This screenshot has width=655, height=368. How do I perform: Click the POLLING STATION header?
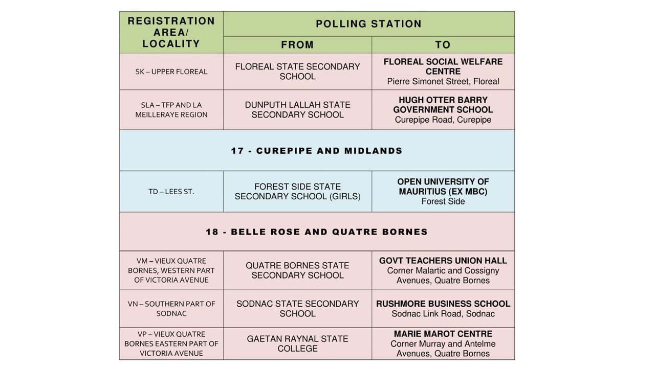point(368,24)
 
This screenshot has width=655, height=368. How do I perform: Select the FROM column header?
point(297,45)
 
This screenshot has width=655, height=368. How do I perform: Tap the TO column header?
point(443,45)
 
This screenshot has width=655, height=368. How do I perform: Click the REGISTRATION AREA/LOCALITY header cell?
point(171,32)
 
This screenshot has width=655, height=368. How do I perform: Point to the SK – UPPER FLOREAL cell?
point(171,72)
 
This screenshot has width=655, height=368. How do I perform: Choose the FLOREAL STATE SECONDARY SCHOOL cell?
point(297,72)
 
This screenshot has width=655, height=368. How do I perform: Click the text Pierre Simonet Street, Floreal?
point(443,81)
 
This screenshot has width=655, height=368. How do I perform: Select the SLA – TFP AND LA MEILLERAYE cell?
point(171,110)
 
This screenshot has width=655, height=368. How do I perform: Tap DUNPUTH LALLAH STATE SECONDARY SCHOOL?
point(297,110)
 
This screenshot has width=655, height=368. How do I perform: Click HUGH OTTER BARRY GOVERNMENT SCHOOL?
point(443,105)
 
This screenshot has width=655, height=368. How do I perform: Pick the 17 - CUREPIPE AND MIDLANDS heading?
point(317,151)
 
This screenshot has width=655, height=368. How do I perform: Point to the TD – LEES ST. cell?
point(171,192)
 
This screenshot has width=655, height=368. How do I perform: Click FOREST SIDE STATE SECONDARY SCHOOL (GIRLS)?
point(297,192)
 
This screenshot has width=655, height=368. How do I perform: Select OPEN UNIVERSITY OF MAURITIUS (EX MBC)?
point(443,187)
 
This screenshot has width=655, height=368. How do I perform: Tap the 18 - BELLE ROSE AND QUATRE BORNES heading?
point(317,232)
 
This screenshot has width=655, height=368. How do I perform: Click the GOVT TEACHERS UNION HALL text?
point(443,261)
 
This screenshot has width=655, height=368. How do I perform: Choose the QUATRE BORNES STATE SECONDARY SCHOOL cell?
point(297,270)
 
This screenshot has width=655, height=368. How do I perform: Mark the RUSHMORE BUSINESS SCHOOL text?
point(443,304)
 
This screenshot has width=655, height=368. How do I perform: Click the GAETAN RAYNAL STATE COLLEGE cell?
point(297,343)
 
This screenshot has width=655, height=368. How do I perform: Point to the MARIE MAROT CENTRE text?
point(443,334)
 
